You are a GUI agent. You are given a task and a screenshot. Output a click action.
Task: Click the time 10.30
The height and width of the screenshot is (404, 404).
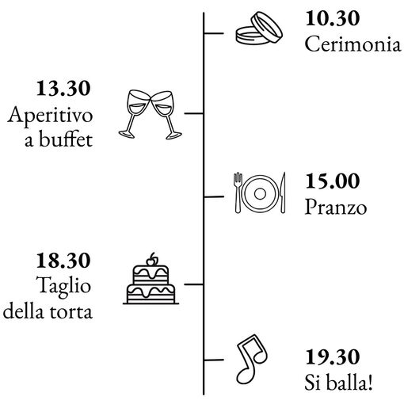point(333,18)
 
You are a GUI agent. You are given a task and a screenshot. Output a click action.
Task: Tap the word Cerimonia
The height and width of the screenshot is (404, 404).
point(353,44)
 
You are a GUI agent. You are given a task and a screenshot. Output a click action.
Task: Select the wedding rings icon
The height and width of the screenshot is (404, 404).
point(259,28)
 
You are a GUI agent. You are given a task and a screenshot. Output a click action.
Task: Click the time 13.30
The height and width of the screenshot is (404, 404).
point(63,88)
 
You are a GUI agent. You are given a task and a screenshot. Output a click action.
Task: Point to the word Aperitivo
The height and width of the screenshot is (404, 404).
point(50,116)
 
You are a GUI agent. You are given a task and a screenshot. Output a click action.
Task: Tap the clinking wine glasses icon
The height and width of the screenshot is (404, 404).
point(150,115)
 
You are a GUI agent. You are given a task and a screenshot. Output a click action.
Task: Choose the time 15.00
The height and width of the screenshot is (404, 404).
point(333,181)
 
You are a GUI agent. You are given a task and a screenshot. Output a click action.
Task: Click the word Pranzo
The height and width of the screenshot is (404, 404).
point(336,207)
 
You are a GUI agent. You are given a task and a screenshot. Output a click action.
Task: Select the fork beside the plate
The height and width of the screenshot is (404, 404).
point(238,192)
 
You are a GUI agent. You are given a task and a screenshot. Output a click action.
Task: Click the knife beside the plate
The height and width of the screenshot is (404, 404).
point(282,192)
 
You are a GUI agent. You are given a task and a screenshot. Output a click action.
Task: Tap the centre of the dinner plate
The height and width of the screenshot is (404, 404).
point(260,193)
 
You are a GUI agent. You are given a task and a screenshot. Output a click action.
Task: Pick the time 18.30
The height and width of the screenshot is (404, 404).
point(63,261)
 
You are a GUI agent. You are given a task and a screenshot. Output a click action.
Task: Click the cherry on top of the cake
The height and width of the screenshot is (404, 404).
point(151,260)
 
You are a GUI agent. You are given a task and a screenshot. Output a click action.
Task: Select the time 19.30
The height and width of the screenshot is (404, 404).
point(333,357)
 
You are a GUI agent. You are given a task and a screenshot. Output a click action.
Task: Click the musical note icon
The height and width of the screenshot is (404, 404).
point(252,359)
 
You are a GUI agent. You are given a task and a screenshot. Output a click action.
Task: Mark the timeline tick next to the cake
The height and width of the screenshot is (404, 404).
point(193,284)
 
